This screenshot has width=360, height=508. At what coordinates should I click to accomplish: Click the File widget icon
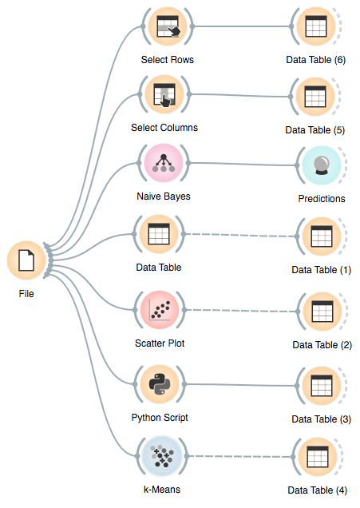[26, 262]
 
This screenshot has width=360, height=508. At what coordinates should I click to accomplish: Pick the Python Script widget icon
[162, 385]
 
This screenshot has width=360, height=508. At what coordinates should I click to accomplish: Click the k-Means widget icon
[162, 458]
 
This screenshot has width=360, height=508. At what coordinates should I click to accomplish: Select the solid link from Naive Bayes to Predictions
[239, 165]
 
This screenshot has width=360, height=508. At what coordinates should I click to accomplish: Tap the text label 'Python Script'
[160, 417]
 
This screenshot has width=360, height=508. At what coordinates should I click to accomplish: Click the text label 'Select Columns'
[164, 128]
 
